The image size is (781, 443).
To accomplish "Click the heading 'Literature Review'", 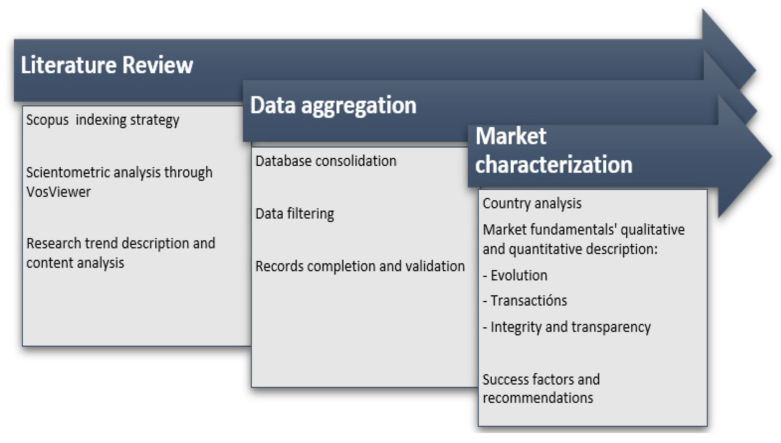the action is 107,65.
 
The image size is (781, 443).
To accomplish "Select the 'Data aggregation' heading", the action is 333,105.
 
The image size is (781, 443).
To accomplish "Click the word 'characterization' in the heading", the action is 554,164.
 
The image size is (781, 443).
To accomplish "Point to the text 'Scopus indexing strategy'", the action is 103,120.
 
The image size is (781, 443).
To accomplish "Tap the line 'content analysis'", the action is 75,263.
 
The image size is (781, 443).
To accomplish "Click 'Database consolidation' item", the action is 326,161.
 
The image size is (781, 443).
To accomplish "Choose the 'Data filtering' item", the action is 295,214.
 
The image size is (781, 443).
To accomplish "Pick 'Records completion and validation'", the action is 360,266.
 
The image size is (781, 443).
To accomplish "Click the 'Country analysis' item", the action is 532,204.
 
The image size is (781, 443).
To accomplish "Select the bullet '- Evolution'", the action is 515,275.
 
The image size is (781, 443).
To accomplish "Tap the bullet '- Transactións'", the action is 525,301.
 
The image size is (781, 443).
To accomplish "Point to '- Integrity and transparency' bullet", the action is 567,327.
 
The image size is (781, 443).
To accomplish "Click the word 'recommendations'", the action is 538,398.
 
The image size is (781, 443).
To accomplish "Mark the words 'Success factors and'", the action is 541,380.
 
